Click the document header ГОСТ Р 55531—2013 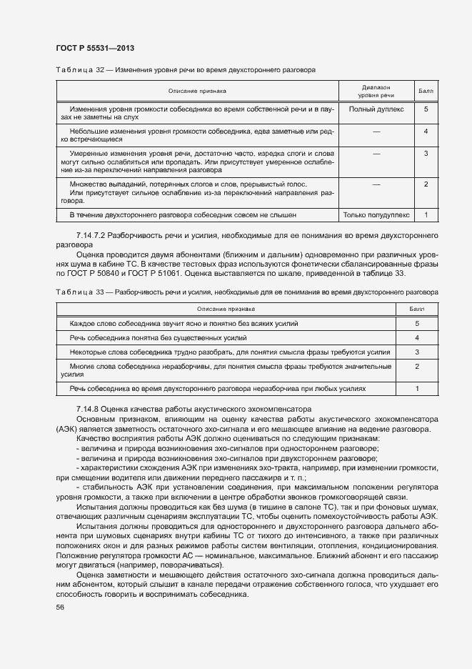pyautogui.click(x=94, y=48)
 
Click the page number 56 pyautogui.click(x=59, y=607)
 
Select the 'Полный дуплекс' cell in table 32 pyautogui.click(x=376, y=109)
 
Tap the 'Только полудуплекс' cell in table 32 pyautogui.click(x=376, y=214)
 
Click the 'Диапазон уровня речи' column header pyautogui.click(x=376, y=91)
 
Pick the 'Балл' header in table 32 pyautogui.click(x=425, y=91)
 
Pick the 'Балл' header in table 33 pyautogui.click(x=416, y=309)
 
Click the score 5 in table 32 pyautogui.click(x=425, y=109)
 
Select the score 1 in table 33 pyautogui.click(x=416, y=388)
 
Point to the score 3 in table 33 pyautogui.click(x=416, y=352)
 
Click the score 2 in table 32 pyautogui.click(x=425, y=184)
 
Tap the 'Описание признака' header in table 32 pyautogui.click(x=197, y=91)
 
